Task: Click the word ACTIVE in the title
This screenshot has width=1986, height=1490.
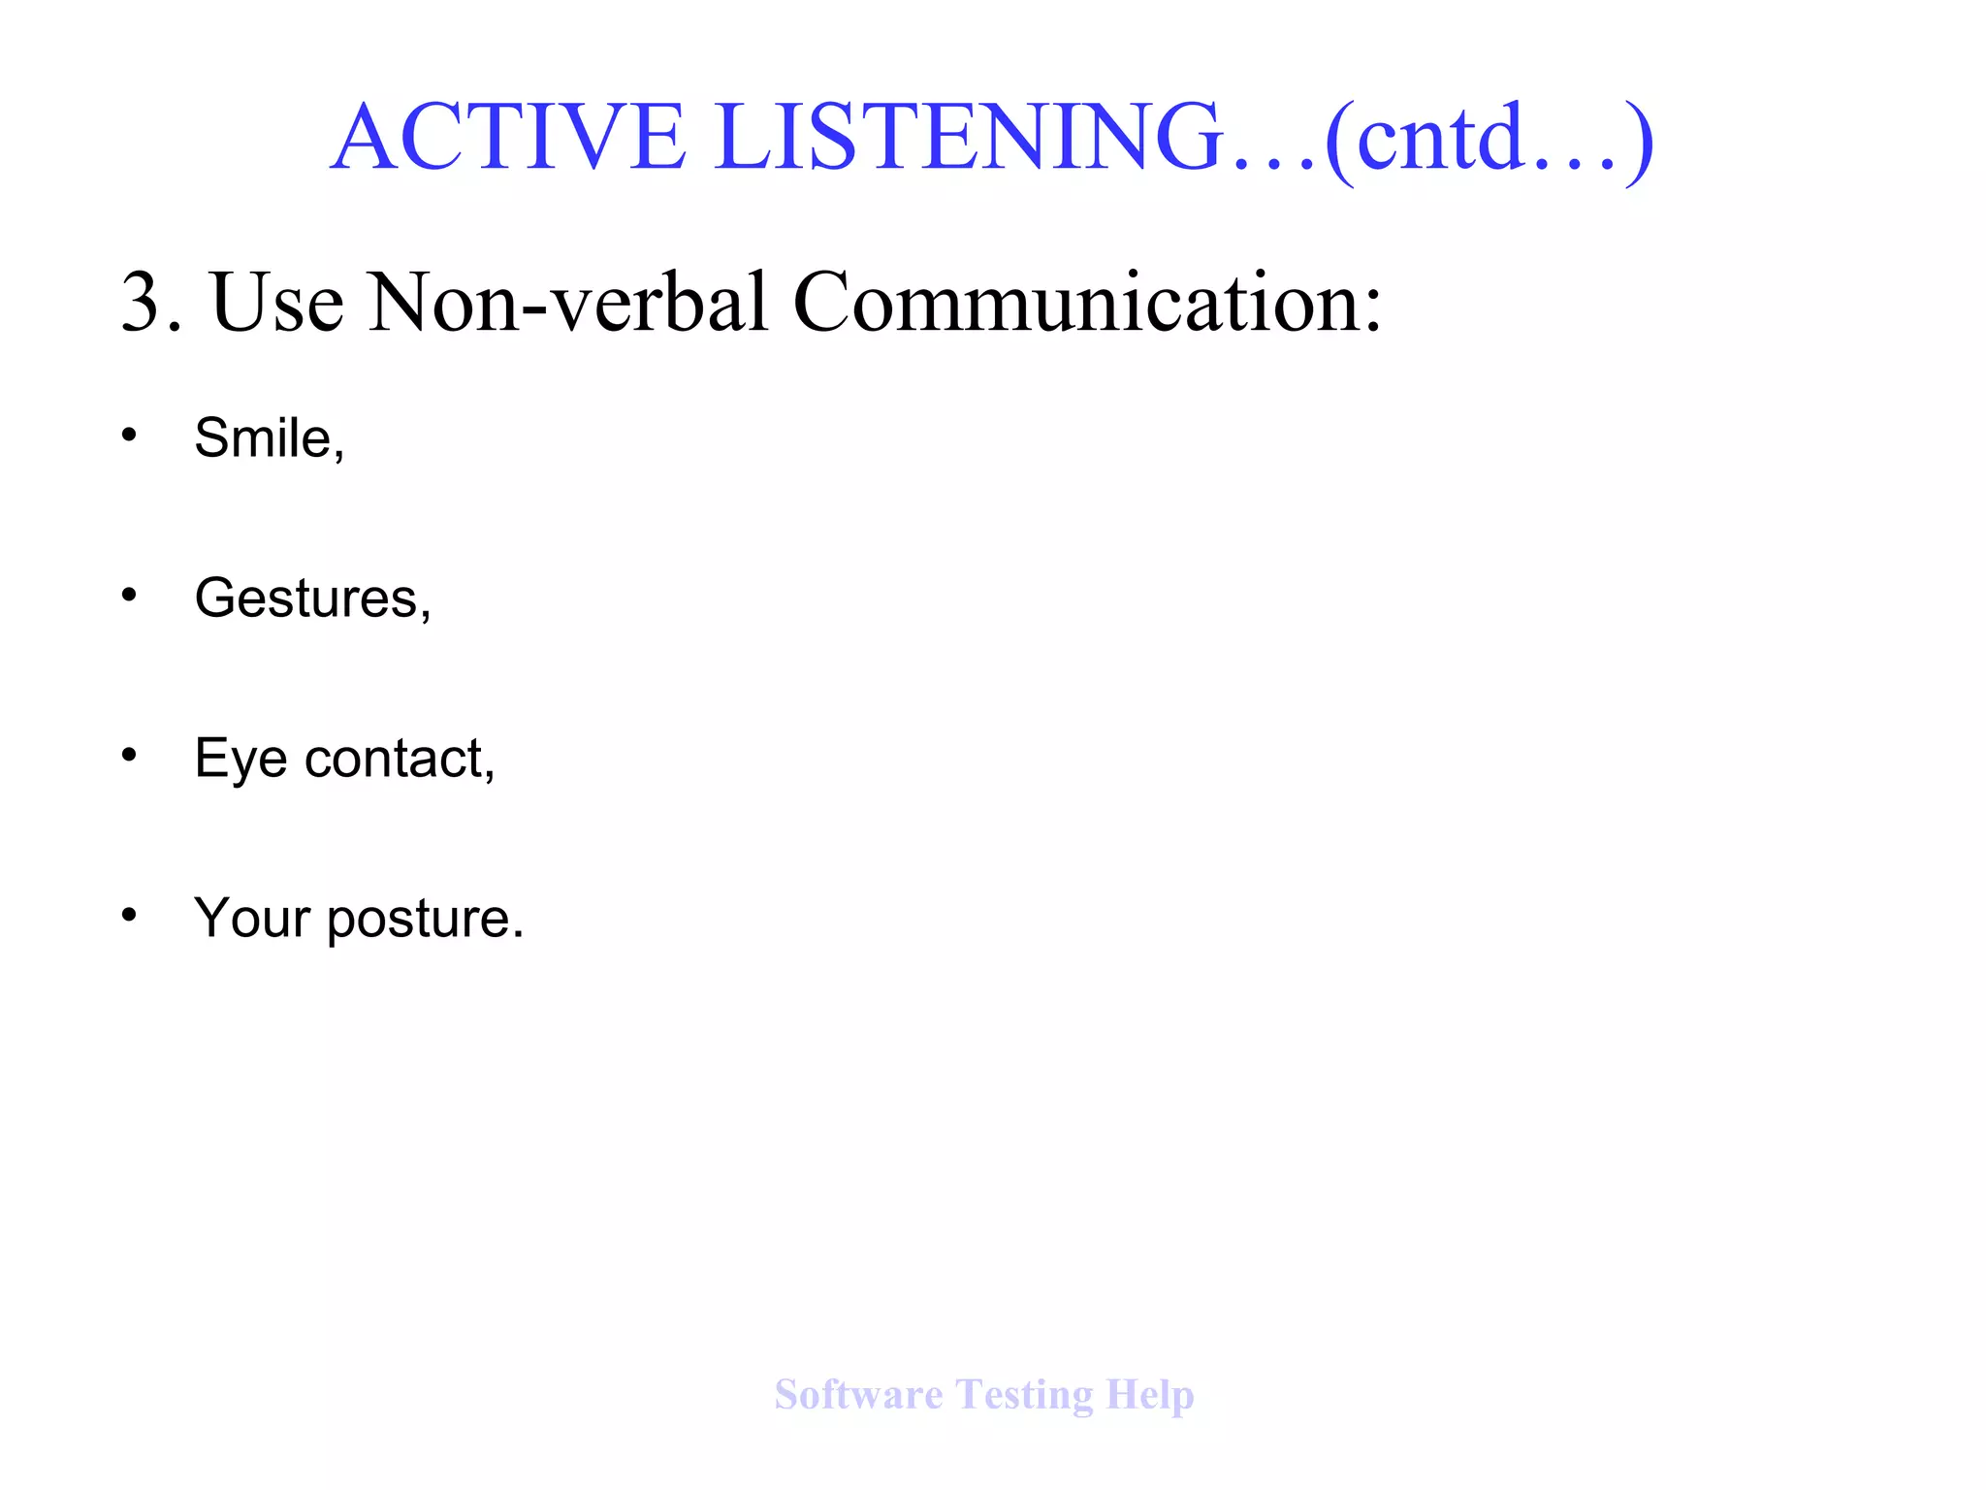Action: click(x=508, y=137)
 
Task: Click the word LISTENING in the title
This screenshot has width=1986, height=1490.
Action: click(x=970, y=137)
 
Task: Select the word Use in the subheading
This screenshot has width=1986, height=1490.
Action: click(x=277, y=303)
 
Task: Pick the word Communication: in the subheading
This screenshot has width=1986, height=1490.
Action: click(x=1087, y=303)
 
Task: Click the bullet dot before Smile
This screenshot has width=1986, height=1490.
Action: click(x=129, y=436)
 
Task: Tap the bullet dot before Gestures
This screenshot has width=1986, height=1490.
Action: click(x=129, y=595)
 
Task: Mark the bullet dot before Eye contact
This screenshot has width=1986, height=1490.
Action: click(x=129, y=755)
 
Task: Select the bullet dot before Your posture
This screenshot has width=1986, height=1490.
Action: click(x=129, y=914)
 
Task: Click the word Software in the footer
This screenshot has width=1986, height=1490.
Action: click(x=858, y=1395)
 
